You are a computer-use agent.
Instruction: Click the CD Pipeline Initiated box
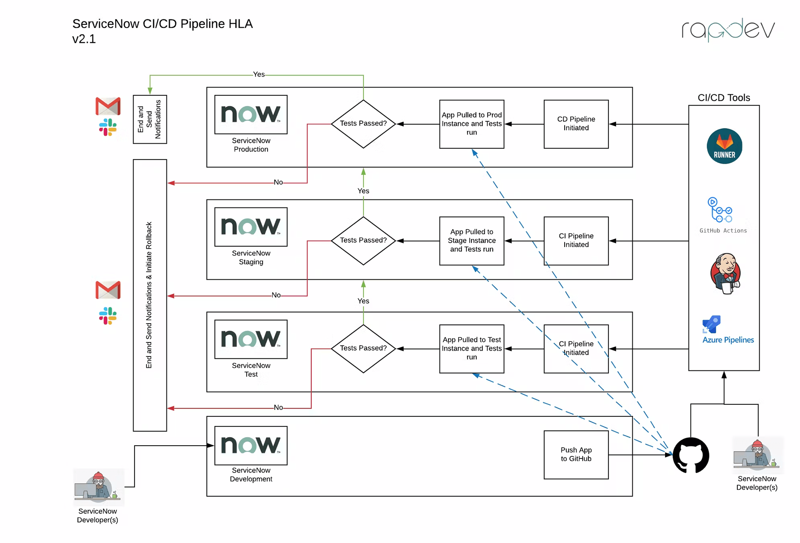(x=576, y=124)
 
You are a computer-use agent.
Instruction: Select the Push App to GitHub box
(x=576, y=455)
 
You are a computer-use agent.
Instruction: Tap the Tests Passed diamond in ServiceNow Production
(x=363, y=124)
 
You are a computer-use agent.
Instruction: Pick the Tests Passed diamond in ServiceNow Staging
(x=363, y=241)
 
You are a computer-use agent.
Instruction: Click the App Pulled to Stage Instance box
(x=471, y=241)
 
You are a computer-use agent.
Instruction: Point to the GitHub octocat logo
(x=691, y=455)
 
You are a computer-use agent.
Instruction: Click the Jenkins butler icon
(x=726, y=273)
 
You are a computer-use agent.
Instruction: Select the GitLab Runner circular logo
(x=724, y=146)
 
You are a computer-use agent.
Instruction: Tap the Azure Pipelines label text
(x=728, y=340)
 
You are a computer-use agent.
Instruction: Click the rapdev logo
(x=728, y=29)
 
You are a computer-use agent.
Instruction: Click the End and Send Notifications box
(x=150, y=119)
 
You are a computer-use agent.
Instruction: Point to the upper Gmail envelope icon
(x=108, y=106)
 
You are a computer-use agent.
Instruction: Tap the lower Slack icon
(x=108, y=316)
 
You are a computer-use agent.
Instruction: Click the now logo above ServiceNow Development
(x=251, y=445)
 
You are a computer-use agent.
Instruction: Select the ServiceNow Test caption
(x=251, y=370)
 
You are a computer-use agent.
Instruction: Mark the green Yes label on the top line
(x=259, y=74)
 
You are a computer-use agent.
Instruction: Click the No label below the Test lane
(x=278, y=407)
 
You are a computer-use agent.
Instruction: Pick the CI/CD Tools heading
(x=723, y=98)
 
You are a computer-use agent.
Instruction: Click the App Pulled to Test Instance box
(x=471, y=349)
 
